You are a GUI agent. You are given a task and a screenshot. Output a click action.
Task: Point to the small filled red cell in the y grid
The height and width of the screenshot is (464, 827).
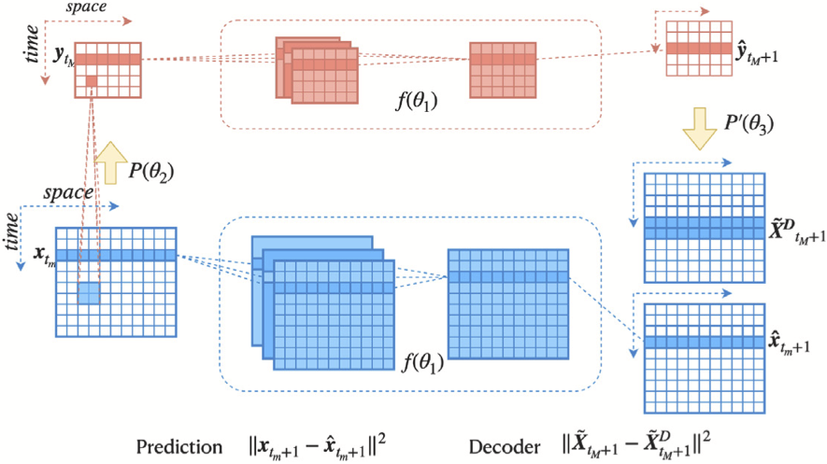92,82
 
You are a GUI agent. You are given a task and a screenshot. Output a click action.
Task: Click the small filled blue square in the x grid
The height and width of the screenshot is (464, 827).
88,292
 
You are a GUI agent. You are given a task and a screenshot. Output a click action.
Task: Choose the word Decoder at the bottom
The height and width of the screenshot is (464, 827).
503,443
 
